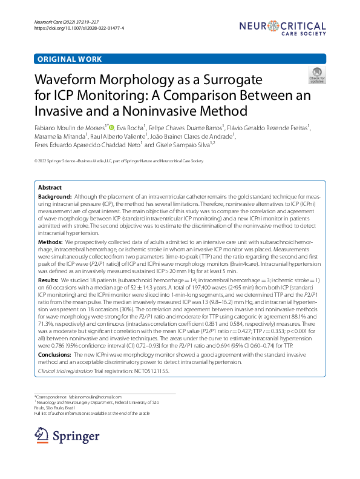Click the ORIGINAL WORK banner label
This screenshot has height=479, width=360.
click(70, 59)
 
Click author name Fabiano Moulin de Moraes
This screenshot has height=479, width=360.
click(70, 128)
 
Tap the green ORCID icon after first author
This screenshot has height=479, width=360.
click(111, 128)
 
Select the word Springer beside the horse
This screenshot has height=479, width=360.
click(76, 436)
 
